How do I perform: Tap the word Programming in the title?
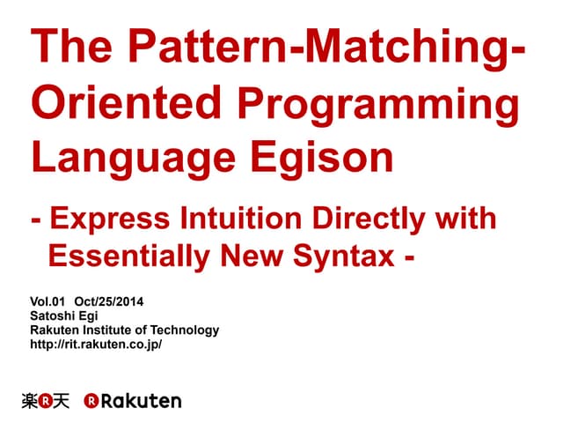tap(377, 105)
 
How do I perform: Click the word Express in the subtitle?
tap(117, 219)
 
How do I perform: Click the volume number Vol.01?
tap(48, 302)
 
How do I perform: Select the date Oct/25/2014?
tap(109, 302)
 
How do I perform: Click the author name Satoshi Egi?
tap(65, 316)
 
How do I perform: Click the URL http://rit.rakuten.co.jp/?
tap(96, 345)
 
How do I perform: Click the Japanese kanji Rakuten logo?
tap(45, 401)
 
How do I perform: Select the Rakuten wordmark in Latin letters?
tap(141, 401)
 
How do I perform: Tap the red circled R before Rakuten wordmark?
tap(91, 401)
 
